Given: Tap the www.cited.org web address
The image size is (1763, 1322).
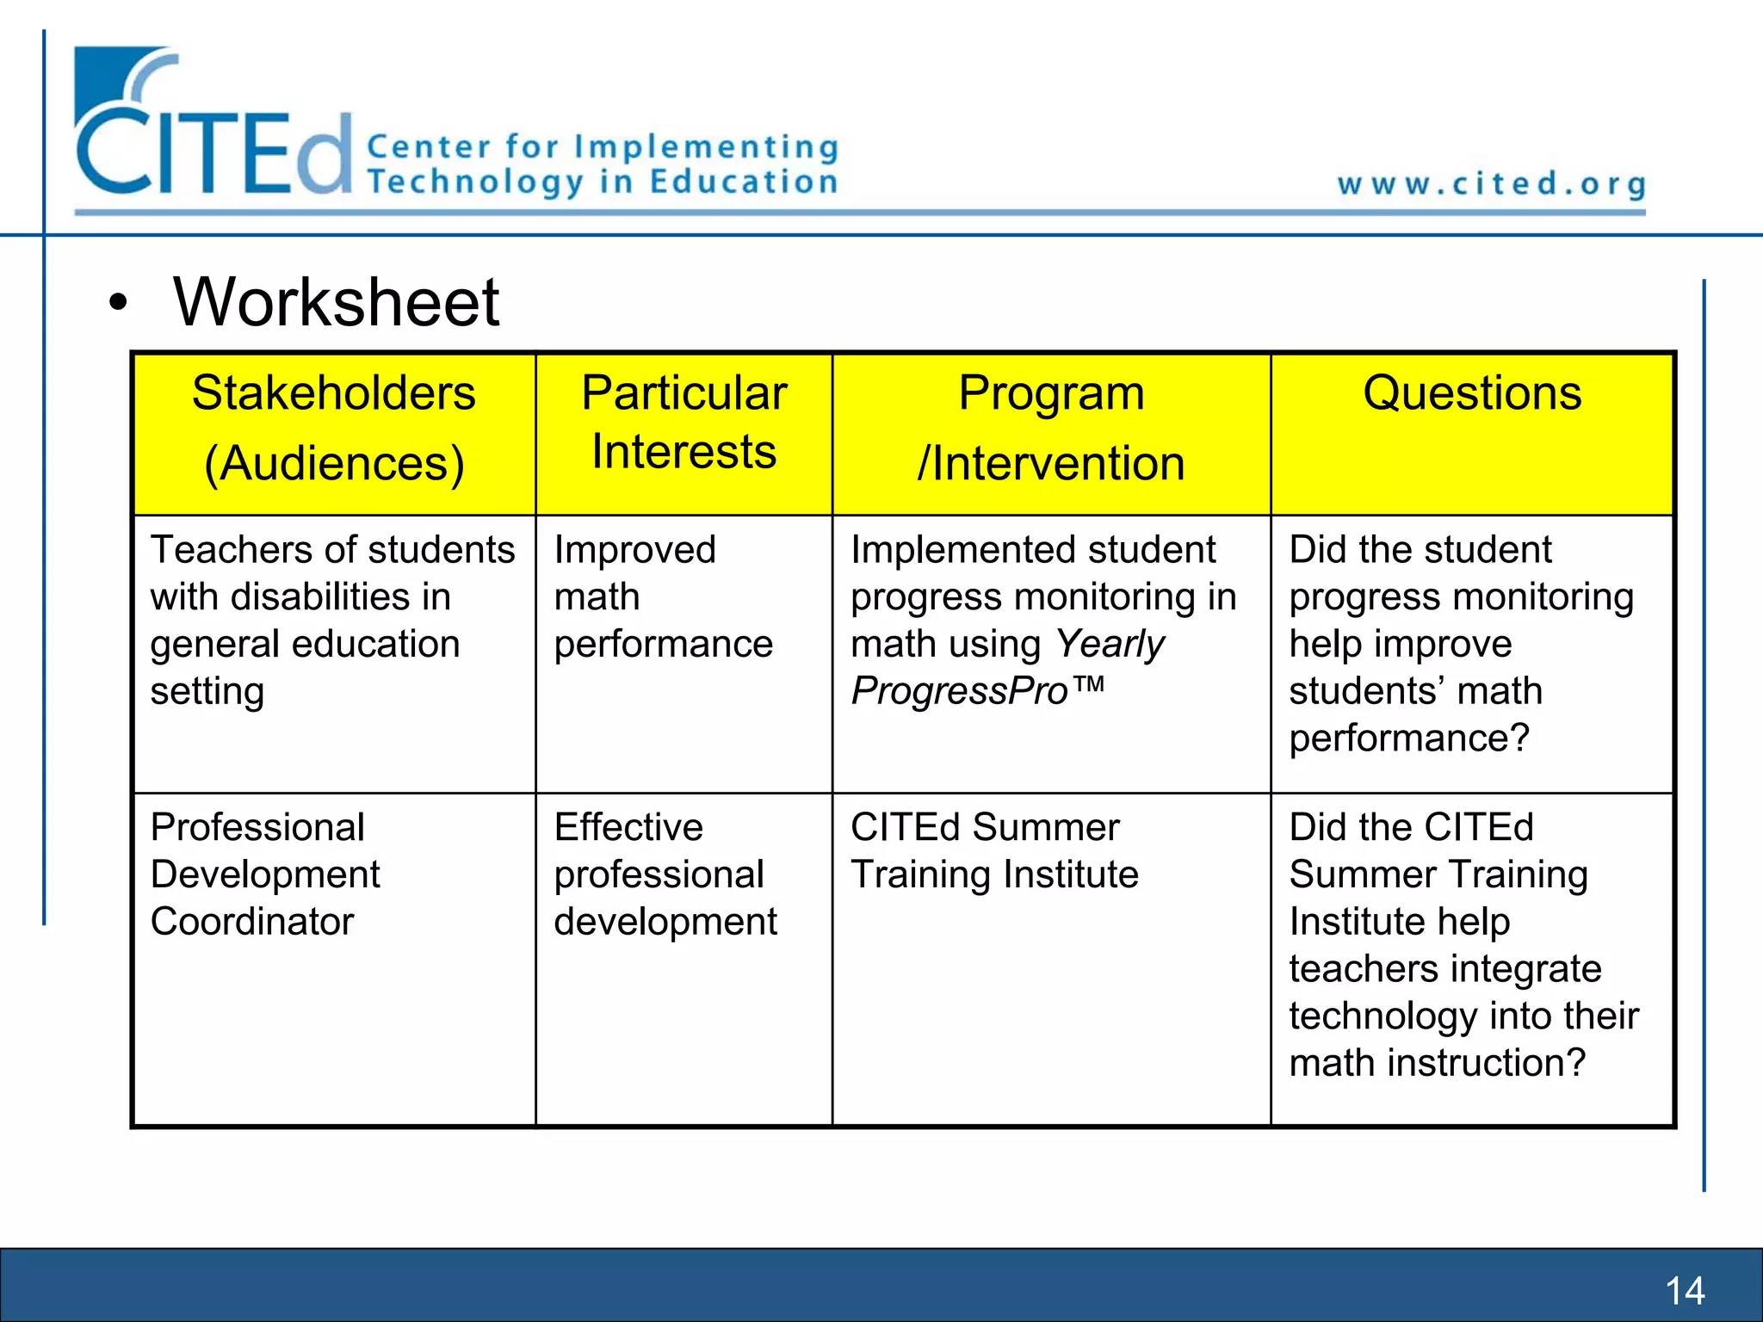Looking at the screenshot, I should point(1491,184).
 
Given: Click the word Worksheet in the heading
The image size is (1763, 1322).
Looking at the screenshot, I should point(336,303).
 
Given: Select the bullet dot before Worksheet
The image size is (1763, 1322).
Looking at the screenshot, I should point(118,304).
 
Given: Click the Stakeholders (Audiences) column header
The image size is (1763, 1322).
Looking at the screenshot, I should point(334,428).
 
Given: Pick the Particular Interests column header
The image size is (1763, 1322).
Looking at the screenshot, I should point(684,422).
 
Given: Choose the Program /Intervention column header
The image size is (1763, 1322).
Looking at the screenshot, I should point(1051,428).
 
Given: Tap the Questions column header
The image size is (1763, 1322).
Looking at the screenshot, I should point(1472,394).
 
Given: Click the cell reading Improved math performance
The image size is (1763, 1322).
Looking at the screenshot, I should point(663,596).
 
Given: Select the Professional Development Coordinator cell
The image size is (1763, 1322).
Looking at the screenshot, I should point(265,874).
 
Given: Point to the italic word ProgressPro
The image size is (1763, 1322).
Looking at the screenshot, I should point(959,691).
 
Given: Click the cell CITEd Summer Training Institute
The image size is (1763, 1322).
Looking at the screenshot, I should point(994,850).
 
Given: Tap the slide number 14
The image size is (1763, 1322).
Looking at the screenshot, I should point(1685,1290).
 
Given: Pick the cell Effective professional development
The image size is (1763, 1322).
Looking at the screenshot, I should point(665,874).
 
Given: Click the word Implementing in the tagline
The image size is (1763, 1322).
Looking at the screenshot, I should point(706,147).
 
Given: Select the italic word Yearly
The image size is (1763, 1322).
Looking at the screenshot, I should point(1110,645).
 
